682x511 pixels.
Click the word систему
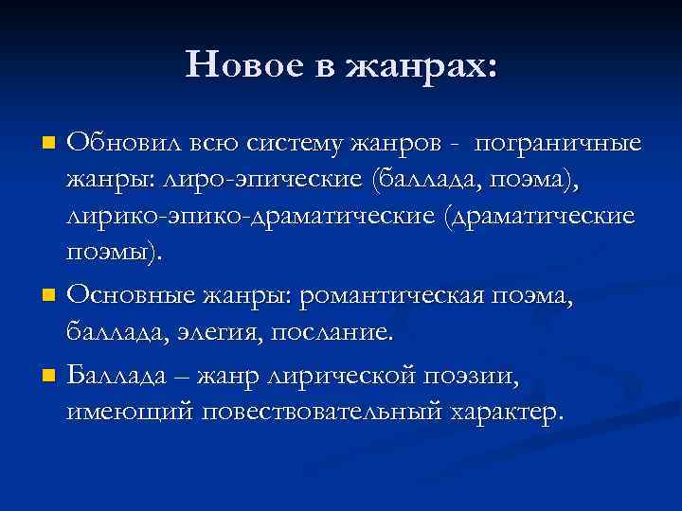tap(296, 143)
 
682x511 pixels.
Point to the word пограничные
tap(559, 143)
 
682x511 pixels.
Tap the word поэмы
tap(113, 253)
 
